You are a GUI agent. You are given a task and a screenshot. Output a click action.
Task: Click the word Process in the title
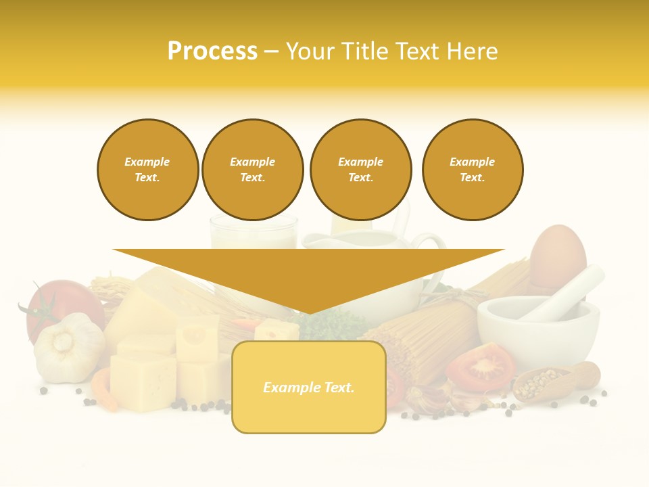coord(212,51)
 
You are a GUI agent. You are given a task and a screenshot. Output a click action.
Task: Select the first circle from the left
coord(147,170)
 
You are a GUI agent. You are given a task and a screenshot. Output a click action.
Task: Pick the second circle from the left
coord(252,170)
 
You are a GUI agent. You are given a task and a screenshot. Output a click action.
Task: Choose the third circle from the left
coord(360,170)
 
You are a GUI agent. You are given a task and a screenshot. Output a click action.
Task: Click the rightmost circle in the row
coord(472,170)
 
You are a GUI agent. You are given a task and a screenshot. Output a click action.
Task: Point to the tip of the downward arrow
coord(309,312)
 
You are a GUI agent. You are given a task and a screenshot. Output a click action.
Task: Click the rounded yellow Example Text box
coord(309,387)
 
